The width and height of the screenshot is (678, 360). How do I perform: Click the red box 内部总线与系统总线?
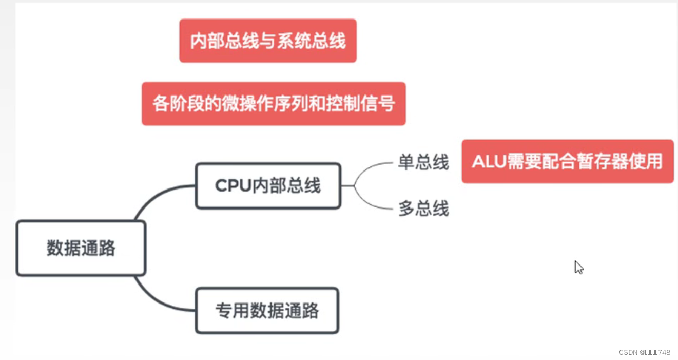pos(267,41)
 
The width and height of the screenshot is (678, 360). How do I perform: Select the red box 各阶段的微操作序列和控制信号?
pos(274,104)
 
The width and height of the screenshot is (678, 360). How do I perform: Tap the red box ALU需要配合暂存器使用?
pos(567,161)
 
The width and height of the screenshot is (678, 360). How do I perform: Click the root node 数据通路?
pos(81,249)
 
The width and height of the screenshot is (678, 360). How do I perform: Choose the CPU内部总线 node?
pos(268,186)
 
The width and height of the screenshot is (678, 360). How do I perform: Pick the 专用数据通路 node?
pos(267,311)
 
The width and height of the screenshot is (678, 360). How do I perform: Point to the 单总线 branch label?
pos(423,163)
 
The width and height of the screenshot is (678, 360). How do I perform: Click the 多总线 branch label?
pos(423,209)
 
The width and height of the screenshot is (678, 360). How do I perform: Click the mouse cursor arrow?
pos(578,267)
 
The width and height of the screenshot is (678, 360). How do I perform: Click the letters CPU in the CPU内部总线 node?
pos(233,186)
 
